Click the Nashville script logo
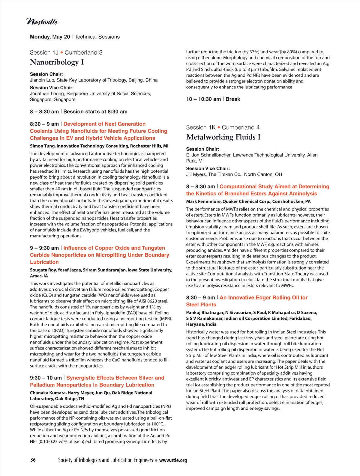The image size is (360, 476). click(x=42, y=22)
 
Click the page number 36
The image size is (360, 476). click(x=33, y=460)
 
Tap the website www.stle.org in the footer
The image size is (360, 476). click(x=173, y=460)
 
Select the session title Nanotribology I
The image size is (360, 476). click(x=57, y=62)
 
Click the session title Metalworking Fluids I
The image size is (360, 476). click(x=223, y=137)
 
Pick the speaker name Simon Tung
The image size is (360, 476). click(x=42, y=146)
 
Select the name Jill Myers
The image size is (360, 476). click(x=196, y=174)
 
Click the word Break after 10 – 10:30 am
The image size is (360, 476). click(x=233, y=99)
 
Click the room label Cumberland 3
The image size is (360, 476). click(x=83, y=52)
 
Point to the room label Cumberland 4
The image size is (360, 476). click(x=241, y=127)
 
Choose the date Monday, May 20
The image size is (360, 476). click(x=50, y=37)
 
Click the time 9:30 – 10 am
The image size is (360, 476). click(x=46, y=378)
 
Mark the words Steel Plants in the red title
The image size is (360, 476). click(x=201, y=305)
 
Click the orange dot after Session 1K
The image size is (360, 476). click(x=219, y=127)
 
